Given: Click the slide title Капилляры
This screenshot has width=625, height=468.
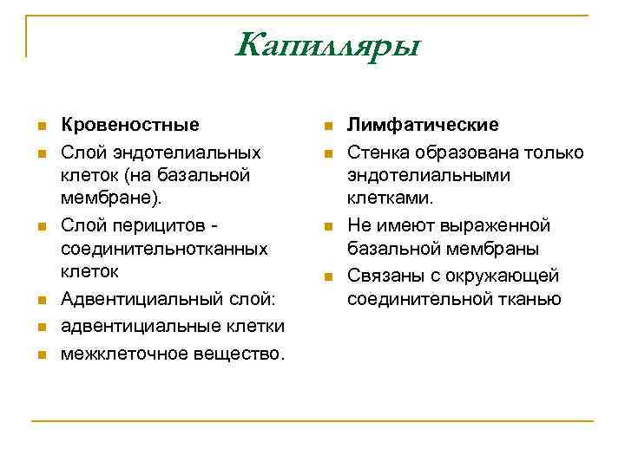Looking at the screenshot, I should click(x=326, y=43).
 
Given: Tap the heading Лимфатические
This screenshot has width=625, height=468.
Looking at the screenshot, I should click(x=423, y=125).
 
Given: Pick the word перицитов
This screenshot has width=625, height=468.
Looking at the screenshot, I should click(x=154, y=225).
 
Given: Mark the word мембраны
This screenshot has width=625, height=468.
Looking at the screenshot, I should click(x=495, y=250).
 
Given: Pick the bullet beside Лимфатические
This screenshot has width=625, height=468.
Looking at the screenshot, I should click(x=327, y=127).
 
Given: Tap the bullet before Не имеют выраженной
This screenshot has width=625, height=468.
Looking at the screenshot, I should click(x=327, y=227).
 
